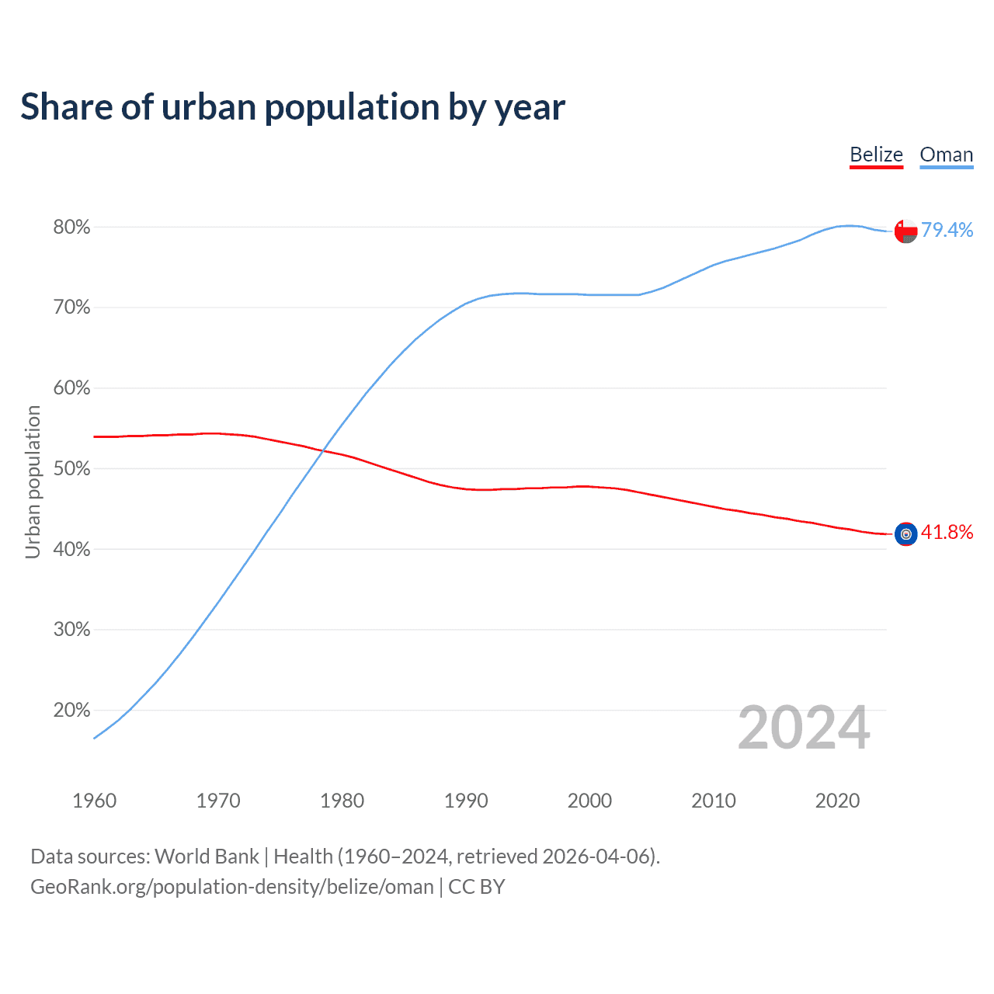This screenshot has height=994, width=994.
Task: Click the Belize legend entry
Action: tap(876, 155)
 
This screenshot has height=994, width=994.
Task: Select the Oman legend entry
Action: tap(946, 155)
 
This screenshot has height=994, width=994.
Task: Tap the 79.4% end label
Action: tap(947, 230)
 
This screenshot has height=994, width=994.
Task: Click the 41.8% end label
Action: tap(947, 533)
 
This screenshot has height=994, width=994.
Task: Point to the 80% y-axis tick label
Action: tap(71, 228)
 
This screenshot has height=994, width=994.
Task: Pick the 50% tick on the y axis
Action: tap(71, 469)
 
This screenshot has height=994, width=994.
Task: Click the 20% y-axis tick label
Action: tap(71, 711)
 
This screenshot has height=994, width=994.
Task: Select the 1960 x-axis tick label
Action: tap(94, 801)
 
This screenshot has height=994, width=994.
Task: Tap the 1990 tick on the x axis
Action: tap(466, 801)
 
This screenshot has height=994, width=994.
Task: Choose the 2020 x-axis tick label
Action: tap(837, 801)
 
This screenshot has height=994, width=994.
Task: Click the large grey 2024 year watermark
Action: tap(804, 728)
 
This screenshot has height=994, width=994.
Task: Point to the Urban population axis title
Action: tap(33, 481)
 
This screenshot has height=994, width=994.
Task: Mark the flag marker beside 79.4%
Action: tap(905, 231)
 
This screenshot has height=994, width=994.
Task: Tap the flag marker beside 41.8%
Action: tap(905, 534)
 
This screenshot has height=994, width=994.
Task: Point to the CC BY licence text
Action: tap(477, 887)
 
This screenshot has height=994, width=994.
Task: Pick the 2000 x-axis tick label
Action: tap(589, 801)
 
